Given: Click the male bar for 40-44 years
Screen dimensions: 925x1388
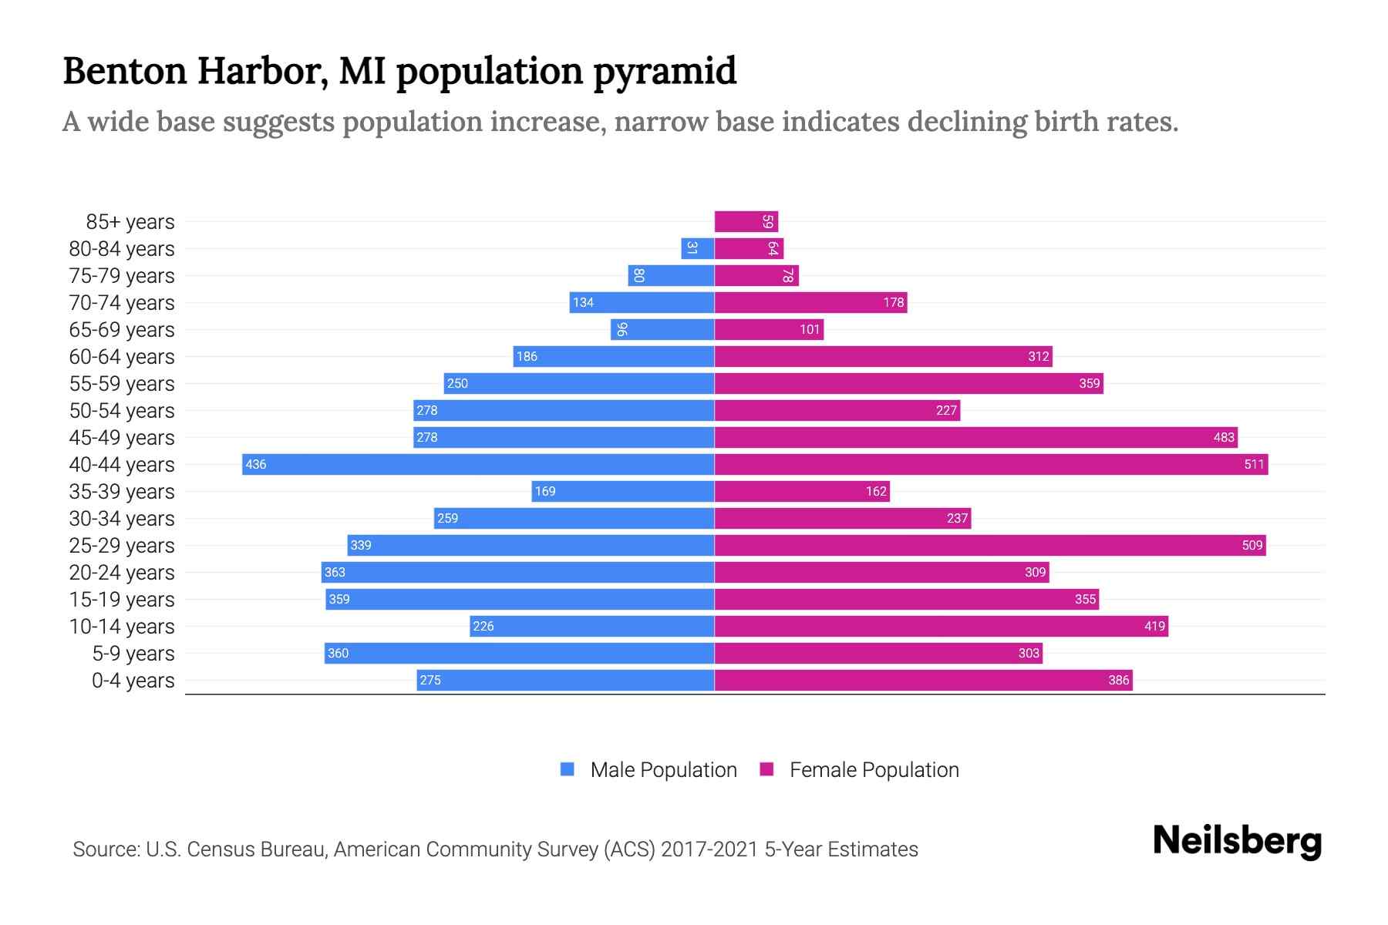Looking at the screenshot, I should [x=478, y=464].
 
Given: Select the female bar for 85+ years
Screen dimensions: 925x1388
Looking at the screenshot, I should [x=746, y=221].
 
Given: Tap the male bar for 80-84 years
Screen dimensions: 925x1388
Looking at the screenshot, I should [x=698, y=248].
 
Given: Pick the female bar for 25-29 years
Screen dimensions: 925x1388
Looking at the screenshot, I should [x=989, y=545].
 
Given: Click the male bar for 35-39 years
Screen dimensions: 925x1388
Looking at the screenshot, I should [x=623, y=491].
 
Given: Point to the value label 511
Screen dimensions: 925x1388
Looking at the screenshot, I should [x=1254, y=464].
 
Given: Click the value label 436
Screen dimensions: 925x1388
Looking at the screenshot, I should [x=255, y=464].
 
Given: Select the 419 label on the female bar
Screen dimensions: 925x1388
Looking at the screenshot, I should [x=1154, y=626].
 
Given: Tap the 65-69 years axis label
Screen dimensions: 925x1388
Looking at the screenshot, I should [x=122, y=330].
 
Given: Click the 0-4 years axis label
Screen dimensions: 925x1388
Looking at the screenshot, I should [x=133, y=681].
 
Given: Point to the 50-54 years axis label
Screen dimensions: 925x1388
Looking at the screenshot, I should [x=122, y=411].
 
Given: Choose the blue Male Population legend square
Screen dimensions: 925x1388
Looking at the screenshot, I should [x=568, y=769].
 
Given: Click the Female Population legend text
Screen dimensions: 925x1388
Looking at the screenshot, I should [x=874, y=770].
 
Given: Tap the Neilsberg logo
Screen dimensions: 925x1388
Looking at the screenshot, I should [x=1237, y=841].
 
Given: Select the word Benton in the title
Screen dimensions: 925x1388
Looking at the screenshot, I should [x=125, y=71].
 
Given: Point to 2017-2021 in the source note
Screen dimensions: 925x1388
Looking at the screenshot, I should [x=709, y=849].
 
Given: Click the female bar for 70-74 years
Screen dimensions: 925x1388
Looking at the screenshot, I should [x=810, y=302].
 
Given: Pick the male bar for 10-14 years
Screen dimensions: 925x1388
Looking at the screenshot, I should [x=591, y=626].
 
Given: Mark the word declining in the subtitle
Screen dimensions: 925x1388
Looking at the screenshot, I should [x=967, y=122].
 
